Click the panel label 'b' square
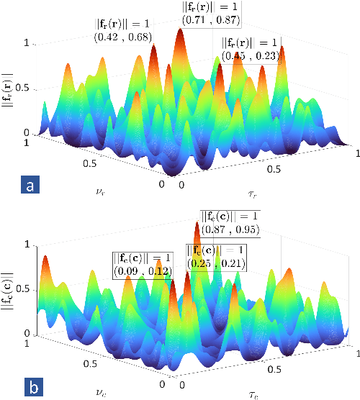(x=30, y=386)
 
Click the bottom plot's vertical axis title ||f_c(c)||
(x=8, y=292)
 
